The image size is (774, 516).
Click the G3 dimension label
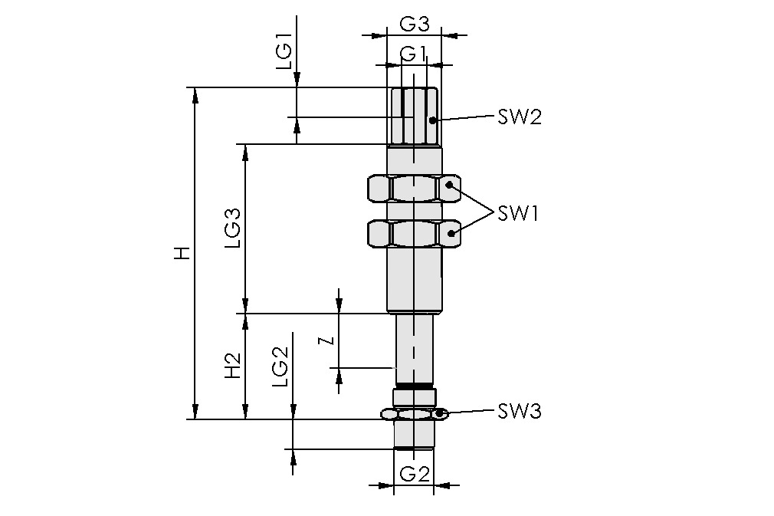[414, 24]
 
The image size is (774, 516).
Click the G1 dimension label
[414, 54]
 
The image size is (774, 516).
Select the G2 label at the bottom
[414, 473]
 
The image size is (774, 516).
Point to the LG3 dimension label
[233, 228]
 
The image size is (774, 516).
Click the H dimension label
[181, 254]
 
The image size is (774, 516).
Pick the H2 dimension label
[233, 366]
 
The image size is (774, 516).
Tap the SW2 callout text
[519, 117]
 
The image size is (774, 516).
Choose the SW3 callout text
[520, 412]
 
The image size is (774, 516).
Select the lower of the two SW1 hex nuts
[414, 234]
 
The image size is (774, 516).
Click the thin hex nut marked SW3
[414, 414]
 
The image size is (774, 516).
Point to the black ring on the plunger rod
[414, 384]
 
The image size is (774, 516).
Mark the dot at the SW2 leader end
[433, 120]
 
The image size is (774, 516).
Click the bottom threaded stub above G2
[414, 435]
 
